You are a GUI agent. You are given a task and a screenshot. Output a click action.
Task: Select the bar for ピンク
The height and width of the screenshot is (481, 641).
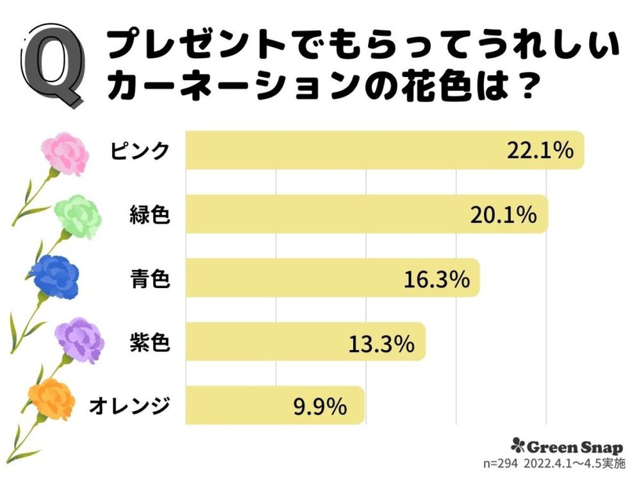tap(385, 151)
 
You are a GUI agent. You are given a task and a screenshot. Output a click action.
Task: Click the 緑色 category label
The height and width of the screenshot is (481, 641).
tap(149, 215)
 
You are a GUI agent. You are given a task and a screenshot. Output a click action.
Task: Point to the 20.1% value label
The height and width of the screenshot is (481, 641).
tap(503, 215)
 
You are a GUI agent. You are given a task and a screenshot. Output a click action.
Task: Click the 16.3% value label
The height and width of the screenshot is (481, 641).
tap(437, 278)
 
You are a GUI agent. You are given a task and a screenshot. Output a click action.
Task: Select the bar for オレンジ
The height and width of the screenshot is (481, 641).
tap(276, 405)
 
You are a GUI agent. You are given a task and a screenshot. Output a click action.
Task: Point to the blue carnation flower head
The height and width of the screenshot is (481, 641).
tap(54, 276)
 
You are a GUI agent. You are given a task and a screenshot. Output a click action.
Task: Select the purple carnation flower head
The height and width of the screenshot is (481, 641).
tap(79, 339)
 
